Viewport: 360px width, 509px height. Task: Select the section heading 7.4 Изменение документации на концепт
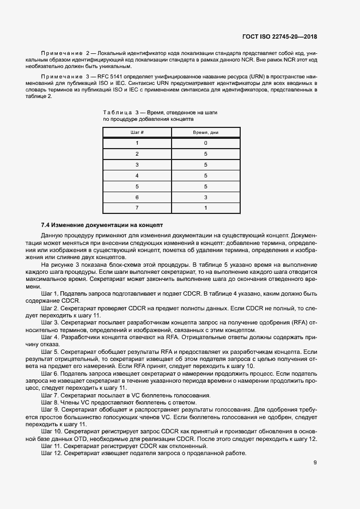pyautogui.click(x=102, y=225)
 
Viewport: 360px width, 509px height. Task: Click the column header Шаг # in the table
pyautogui.click(x=137, y=132)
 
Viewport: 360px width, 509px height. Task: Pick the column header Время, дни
pyautogui.click(x=205, y=132)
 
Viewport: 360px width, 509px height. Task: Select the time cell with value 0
pyautogui.click(x=205, y=143)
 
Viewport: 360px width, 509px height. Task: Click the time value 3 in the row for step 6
pyautogui.click(x=205, y=197)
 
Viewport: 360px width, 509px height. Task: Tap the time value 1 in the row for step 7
pyautogui.click(x=205, y=207)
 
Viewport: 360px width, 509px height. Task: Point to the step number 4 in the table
pyautogui.click(x=137, y=175)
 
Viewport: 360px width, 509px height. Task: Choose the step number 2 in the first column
pyautogui.click(x=137, y=154)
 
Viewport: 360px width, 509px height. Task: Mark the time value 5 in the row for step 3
pyautogui.click(x=205, y=164)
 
